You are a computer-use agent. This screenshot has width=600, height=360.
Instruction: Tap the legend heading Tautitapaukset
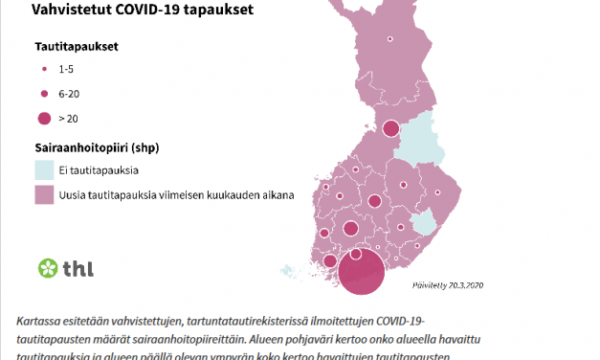pos(77,46)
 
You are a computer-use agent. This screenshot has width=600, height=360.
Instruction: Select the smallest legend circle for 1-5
pos(44,71)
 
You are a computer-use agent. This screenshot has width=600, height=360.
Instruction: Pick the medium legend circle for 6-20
pos(44,94)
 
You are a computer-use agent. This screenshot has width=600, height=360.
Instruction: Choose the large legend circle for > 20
pos(44,119)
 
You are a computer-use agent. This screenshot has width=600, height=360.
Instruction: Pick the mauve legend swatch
pos(44,194)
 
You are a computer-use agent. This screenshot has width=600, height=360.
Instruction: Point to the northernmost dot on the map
pos(390,39)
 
